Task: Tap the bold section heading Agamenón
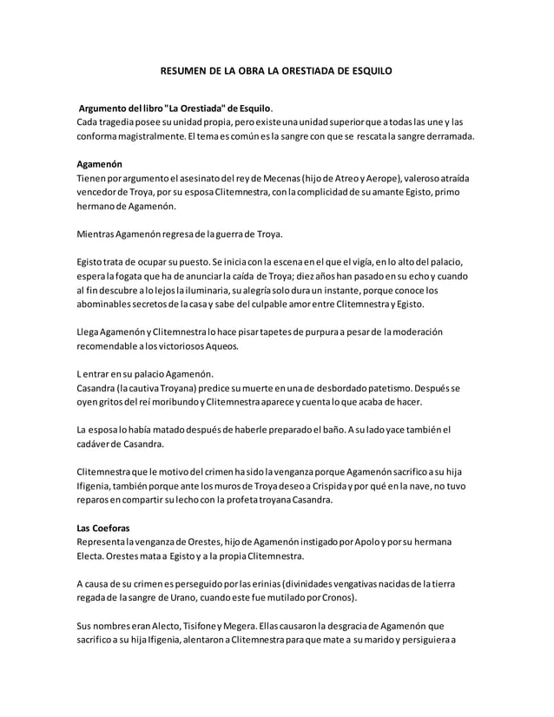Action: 100,163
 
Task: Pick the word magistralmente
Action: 147,136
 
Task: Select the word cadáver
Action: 97,444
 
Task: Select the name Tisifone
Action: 200,627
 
